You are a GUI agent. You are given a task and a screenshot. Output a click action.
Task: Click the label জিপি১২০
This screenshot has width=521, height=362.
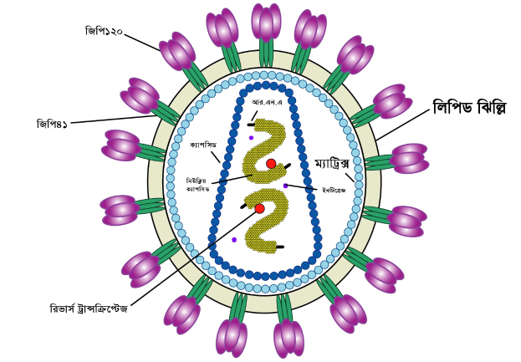[104, 32]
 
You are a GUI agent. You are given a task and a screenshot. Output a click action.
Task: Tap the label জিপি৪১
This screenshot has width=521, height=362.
[53, 124]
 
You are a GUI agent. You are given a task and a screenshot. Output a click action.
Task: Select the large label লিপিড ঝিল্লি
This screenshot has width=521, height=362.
[469, 108]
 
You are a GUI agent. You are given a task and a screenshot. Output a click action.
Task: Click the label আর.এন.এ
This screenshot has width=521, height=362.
[267, 102]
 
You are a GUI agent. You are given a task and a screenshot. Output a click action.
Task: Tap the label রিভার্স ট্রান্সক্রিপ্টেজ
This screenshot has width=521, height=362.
[89, 308]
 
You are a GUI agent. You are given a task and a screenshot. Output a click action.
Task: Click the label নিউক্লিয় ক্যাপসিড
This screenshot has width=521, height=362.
[198, 184]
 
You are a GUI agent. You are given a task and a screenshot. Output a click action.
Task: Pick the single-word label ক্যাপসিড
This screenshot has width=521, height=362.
[203, 145]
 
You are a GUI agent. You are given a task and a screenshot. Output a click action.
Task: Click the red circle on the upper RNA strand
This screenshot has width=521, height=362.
[271, 164]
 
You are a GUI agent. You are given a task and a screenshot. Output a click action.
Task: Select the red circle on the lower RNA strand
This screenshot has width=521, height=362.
[259, 208]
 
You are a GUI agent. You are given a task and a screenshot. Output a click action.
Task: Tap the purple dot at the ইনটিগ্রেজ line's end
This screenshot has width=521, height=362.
[285, 186]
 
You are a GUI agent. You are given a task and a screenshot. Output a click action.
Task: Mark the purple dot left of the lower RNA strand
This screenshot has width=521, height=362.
[234, 240]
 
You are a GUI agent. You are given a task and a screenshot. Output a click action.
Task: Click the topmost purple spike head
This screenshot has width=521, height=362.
[266, 22]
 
